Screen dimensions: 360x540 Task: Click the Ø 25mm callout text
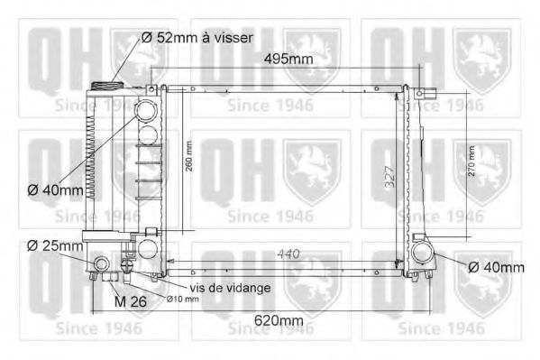tap(55, 245)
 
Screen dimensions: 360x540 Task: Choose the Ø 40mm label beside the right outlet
tap(496, 267)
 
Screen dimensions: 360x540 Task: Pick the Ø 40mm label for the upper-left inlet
tap(55, 190)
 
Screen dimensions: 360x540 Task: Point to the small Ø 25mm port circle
tap(102, 263)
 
